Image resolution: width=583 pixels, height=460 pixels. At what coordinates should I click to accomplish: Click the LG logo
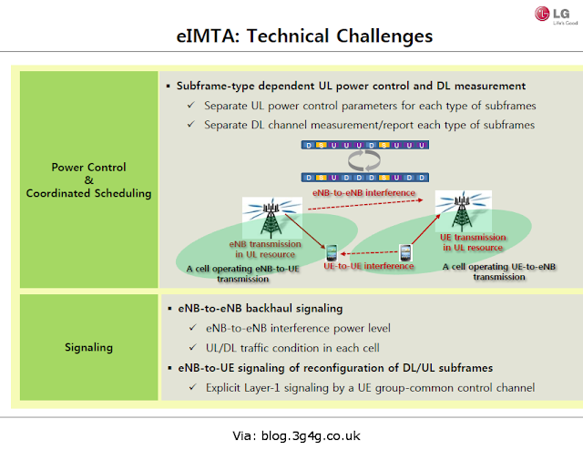coord(557,15)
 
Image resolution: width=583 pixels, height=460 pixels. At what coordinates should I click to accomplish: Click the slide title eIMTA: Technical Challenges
coord(304,36)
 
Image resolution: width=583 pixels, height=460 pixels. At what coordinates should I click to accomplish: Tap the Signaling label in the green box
coord(89,347)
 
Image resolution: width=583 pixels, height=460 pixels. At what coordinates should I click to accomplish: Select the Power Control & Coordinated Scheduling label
coord(89,180)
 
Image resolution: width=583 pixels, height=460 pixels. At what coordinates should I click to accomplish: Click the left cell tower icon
coord(271,219)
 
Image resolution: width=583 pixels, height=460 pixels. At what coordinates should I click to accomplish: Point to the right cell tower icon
coord(463,210)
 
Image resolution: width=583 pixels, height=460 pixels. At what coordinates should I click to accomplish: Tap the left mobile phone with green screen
coord(332,253)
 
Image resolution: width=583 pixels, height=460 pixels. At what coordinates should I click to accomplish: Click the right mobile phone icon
coord(405,253)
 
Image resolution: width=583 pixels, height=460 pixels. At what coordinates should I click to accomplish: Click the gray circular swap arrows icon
coord(364,160)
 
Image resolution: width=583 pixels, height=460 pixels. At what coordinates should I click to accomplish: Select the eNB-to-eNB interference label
coord(363,192)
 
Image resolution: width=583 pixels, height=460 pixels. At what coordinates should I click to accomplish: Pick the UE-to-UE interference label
coord(368,266)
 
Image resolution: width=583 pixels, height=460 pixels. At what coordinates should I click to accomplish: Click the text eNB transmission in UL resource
coord(265,250)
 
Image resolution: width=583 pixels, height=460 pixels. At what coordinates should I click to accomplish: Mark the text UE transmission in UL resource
coord(473,242)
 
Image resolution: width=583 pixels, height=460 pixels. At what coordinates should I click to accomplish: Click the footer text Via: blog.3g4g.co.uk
coord(296,435)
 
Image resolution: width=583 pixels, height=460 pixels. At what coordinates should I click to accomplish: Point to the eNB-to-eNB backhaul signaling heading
coord(261,308)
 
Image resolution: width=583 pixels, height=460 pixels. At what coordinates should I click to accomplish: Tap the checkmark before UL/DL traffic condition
coord(192,347)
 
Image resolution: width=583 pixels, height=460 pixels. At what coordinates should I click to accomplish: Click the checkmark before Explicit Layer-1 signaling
coord(192,387)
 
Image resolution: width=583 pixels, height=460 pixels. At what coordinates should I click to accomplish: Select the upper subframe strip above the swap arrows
coord(365,145)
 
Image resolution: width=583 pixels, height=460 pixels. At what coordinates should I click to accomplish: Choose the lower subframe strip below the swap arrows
coord(365,178)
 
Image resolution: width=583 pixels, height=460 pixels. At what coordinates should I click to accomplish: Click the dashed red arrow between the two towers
coord(365,205)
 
